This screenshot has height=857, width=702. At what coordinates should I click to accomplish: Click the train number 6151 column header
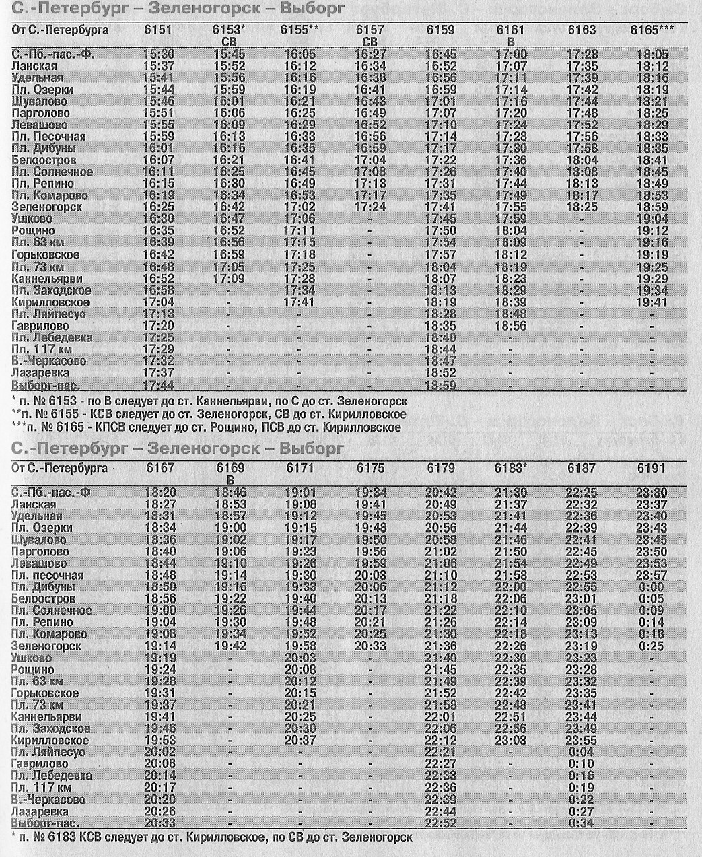click(158, 30)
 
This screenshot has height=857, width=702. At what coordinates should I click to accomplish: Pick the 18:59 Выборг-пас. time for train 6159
click(441, 386)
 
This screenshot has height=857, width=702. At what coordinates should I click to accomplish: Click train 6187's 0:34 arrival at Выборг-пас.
click(582, 823)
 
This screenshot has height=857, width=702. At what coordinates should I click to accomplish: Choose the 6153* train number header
click(229, 30)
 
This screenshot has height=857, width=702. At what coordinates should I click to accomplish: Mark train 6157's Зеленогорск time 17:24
click(370, 207)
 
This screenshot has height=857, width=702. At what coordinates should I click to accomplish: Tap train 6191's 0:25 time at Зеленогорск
click(651, 646)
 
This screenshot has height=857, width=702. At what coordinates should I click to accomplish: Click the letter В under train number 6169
click(230, 480)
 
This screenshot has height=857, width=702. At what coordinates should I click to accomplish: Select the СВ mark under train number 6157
click(370, 42)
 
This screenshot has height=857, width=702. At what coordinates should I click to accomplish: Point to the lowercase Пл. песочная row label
click(48, 575)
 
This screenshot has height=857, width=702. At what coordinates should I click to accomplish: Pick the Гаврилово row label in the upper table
click(41, 326)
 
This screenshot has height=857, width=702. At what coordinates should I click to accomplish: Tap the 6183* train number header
click(512, 468)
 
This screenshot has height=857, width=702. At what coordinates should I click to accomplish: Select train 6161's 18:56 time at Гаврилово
click(511, 326)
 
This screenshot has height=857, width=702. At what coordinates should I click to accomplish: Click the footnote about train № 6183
click(211, 837)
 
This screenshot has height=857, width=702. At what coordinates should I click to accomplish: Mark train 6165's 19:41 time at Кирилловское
click(652, 302)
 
